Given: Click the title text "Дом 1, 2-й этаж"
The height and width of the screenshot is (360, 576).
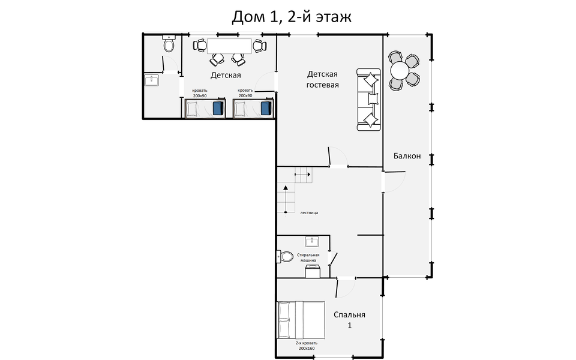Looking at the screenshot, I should [x=291, y=16].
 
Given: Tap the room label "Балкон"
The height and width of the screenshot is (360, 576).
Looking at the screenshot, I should [x=407, y=156].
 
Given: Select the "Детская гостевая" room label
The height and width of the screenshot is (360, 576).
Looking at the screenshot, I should [x=323, y=79].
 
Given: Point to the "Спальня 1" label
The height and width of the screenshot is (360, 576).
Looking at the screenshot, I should [x=349, y=320].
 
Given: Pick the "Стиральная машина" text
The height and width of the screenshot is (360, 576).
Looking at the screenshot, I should [x=308, y=257].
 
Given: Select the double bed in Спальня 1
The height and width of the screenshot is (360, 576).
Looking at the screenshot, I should [x=301, y=320].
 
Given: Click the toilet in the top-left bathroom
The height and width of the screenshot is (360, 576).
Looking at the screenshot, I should [x=169, y=44].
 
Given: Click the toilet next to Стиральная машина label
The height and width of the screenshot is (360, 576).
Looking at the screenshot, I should [x=286, y=257].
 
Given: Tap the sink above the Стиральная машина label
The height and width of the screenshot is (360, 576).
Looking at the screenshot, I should [x=311, y=241].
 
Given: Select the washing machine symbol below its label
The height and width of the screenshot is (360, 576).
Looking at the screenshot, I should [x=312, y=271].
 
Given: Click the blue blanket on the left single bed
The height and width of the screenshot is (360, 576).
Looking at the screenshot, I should [x=218, y=109].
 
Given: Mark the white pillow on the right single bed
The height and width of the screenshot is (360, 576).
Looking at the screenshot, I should [x=241, y=109].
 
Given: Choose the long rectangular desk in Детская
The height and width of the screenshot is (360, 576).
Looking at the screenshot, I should [x=230, y=46].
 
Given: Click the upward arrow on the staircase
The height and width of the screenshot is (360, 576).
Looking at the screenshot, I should [x=285, y=188].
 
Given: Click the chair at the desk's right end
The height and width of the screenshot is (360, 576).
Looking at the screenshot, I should [x=259, y=46].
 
